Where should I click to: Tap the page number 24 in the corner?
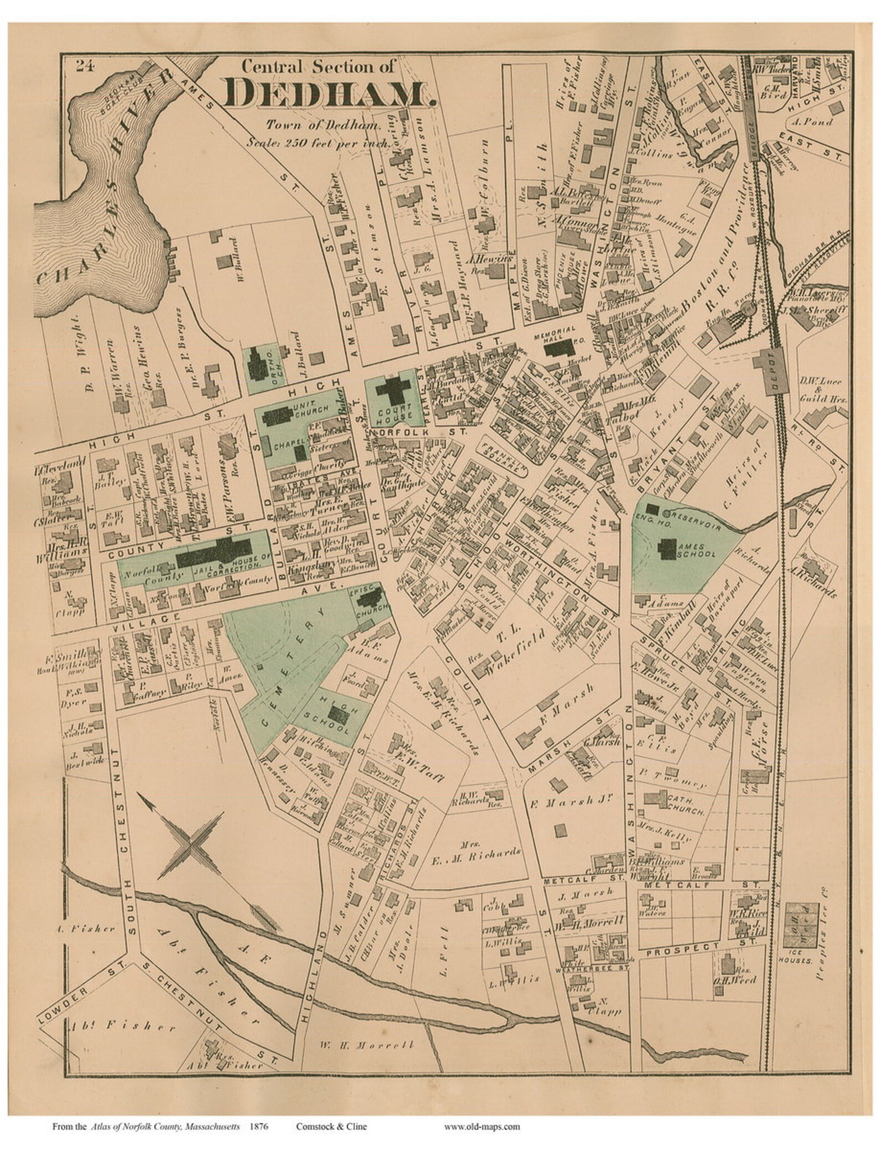85,66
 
